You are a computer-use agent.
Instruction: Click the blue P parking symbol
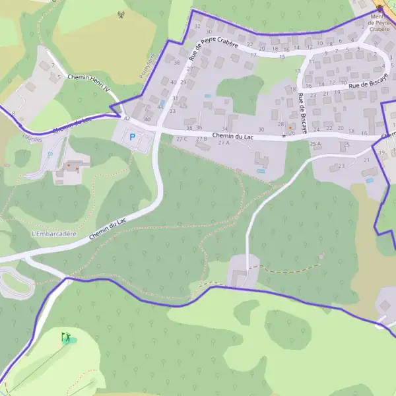(x=132, y=137)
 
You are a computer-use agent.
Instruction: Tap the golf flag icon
(x=66, y=338)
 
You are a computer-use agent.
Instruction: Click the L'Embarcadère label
(x=54, y=234)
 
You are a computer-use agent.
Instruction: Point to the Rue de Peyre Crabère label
(x=203, y=47)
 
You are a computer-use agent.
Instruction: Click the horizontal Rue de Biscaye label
(x=368, y=84)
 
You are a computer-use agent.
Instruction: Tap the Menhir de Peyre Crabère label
(x=380, y=23)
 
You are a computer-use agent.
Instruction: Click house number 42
(x=126, y=119)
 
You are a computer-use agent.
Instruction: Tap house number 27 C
(x=181, y=139)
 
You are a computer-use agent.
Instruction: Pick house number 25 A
(x=315, y=143)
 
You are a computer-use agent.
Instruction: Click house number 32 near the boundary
(x=197, y=26)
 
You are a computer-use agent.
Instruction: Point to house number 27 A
(x=223, y=143)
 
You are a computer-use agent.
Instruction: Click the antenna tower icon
(x=120, y=14)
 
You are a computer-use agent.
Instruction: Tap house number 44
(x=160, y=106)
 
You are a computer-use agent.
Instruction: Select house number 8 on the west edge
(x=13, y=114)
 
